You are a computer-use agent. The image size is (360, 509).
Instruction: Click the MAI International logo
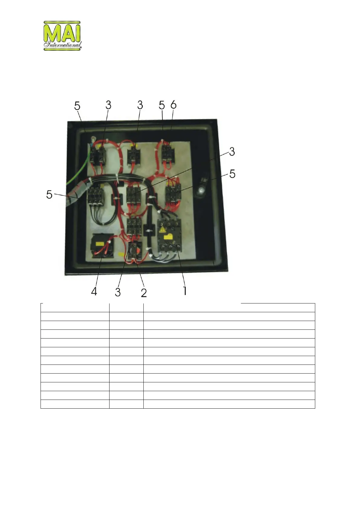point(62,36)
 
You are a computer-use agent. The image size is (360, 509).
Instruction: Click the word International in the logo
point(62,45)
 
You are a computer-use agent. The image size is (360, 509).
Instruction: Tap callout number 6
point(173,105)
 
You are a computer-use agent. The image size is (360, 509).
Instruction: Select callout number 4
point(94,291)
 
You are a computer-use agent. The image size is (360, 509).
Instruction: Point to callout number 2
point(144,292)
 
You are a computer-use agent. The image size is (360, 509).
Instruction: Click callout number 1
point(185,291)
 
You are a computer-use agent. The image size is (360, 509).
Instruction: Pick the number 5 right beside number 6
point(162,105)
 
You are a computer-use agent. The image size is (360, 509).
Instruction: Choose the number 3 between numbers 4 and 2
point(118,292)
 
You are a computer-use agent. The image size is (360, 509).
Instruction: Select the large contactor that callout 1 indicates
point(169,236)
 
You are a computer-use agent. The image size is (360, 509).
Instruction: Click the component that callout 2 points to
point(133,251)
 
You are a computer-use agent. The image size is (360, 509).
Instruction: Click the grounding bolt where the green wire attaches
point(93,140)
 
